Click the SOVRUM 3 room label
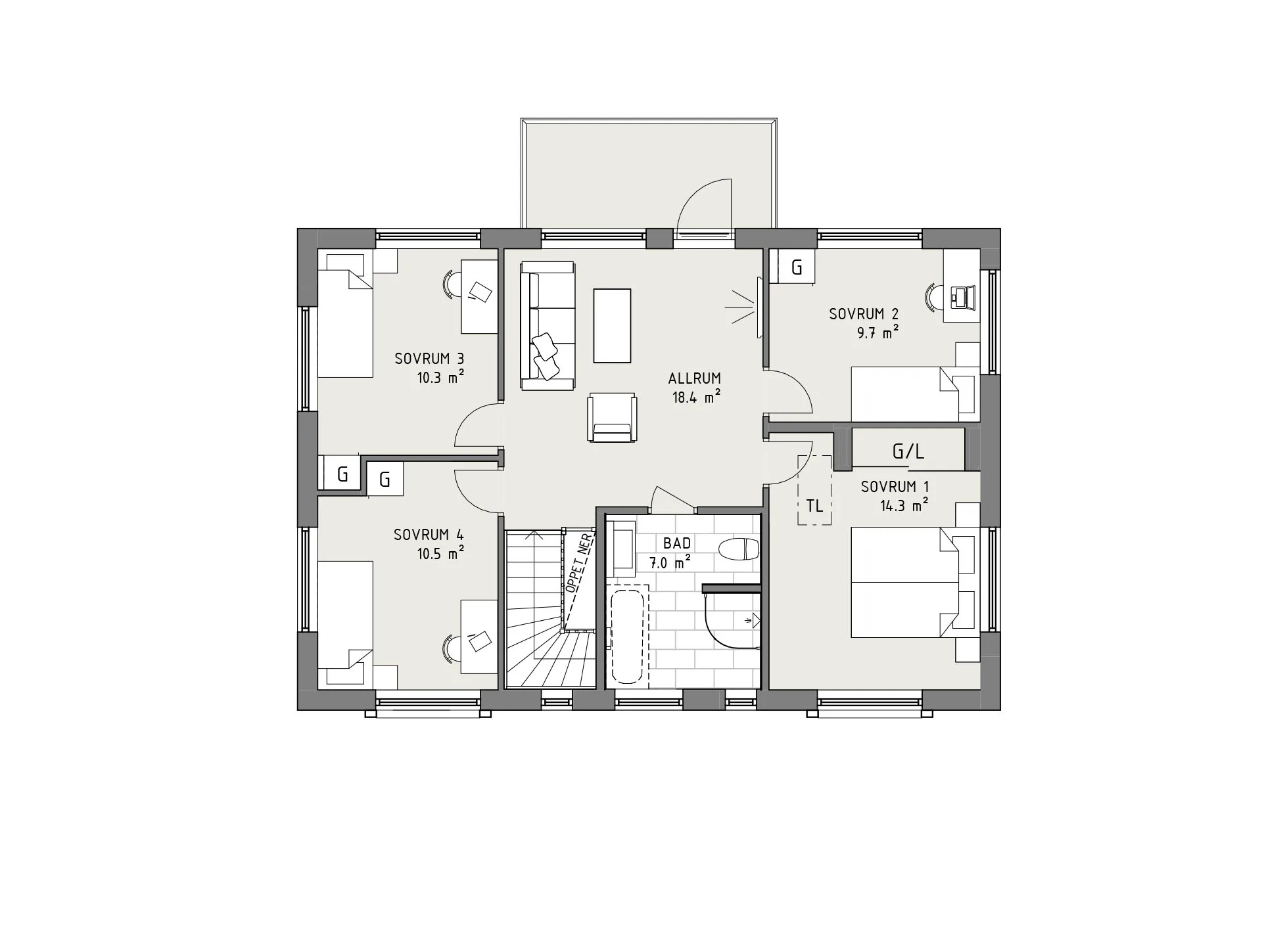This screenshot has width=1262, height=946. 429,359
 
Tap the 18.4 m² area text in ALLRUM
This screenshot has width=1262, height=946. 695,397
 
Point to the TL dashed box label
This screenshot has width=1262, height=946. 814,506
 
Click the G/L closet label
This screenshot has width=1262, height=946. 908,451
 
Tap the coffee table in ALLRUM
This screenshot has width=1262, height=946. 612,325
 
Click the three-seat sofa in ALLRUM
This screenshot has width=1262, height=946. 548,325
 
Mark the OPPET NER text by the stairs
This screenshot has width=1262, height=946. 579,564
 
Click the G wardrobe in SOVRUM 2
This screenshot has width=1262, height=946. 796,267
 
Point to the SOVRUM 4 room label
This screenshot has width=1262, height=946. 429,535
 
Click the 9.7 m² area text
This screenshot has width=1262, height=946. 877,333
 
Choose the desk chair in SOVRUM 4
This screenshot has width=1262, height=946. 451,646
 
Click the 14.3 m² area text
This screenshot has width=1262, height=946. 904,506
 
